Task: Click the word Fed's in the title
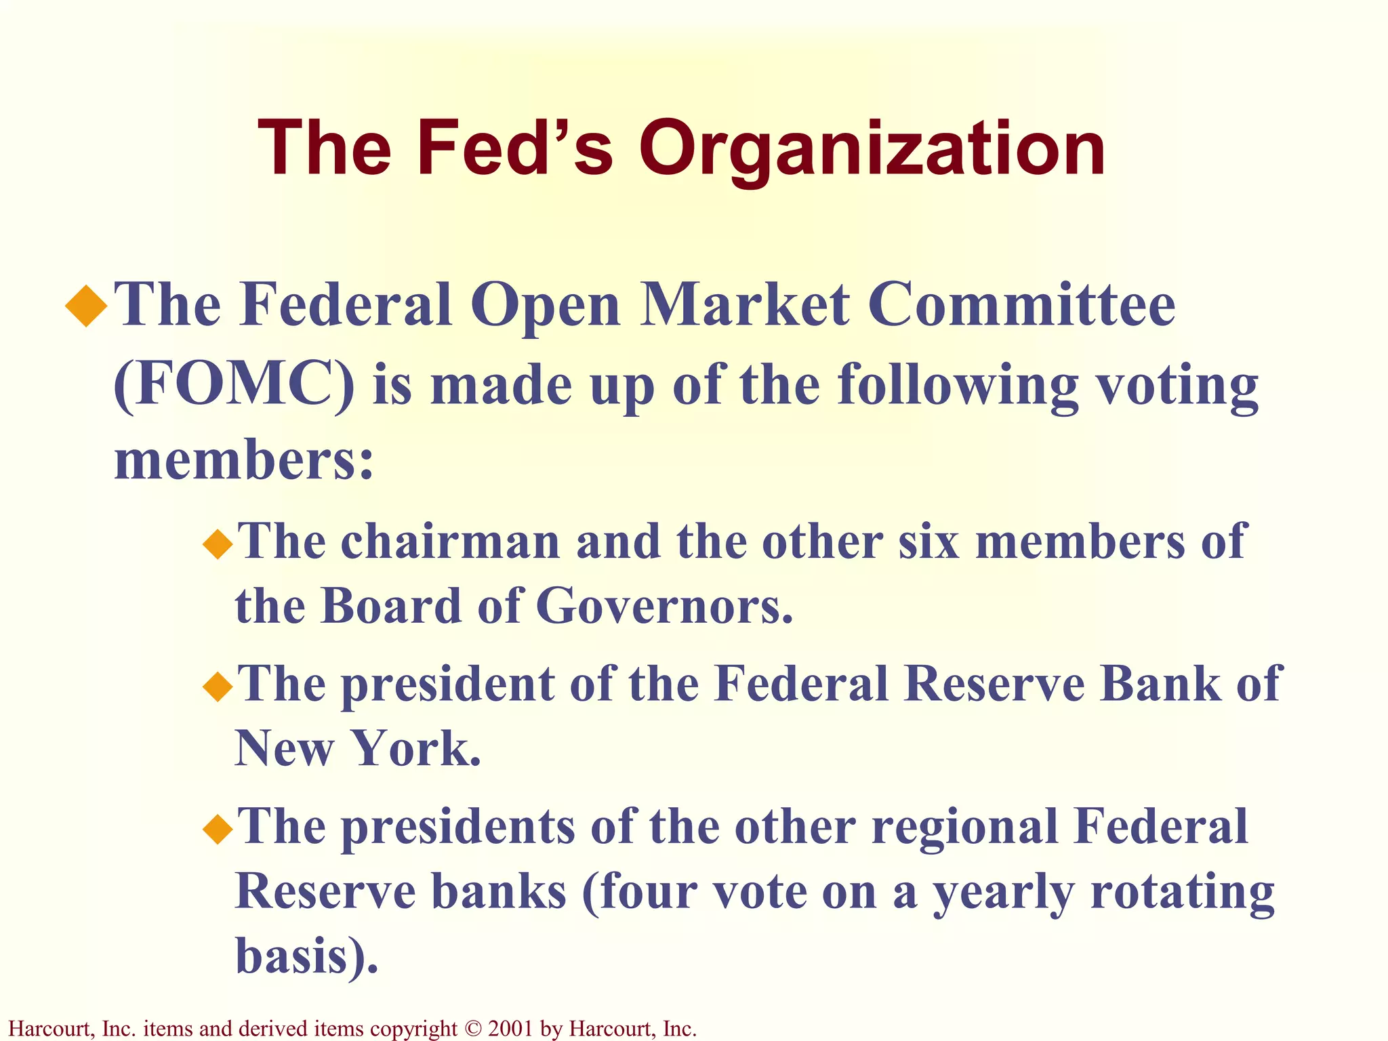click(515, 148)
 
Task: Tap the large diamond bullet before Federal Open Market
click(87, 306)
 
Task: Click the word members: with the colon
click(244, 460)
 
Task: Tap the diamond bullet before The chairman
click(218, 544)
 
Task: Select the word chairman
click(451, 542)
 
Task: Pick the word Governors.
click(664, 605)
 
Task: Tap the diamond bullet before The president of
click(218, 687)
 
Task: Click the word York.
click(417, 748)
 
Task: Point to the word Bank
click(1159, 684)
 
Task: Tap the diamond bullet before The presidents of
click(218, 829)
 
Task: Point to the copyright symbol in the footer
click(472, 1029)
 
